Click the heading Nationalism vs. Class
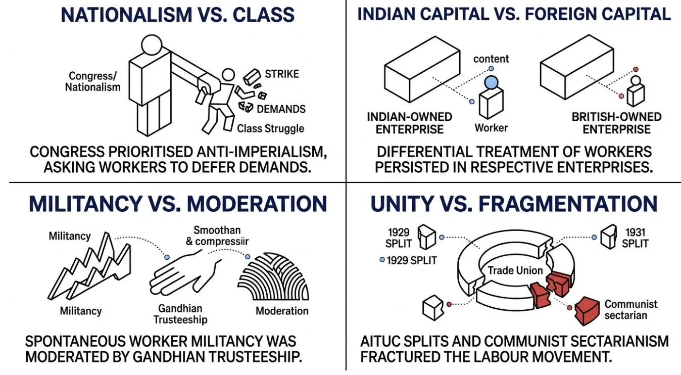click(x=177, y=15)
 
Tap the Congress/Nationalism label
click(x=93, y=81)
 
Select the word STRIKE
click(x=282, y=74)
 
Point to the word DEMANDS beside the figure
click(x=281, y=109)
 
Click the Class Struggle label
click(x=271, y=128)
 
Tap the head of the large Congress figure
click(x=150, y=46)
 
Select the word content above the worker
click(x=491, y=59)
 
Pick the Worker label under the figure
click(x=491, y=127)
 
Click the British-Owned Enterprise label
click(x=616, y=123)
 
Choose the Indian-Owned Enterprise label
click(x=409, y=123)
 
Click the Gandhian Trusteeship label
click(x=180, y=314)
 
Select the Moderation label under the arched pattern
click(x=282, y=311)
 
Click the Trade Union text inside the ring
click(x=515, y=270)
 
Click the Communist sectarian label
click(x=631, y=310)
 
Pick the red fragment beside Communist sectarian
click(x=588, y=309)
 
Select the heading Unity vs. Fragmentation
click(x=514, y=204)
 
